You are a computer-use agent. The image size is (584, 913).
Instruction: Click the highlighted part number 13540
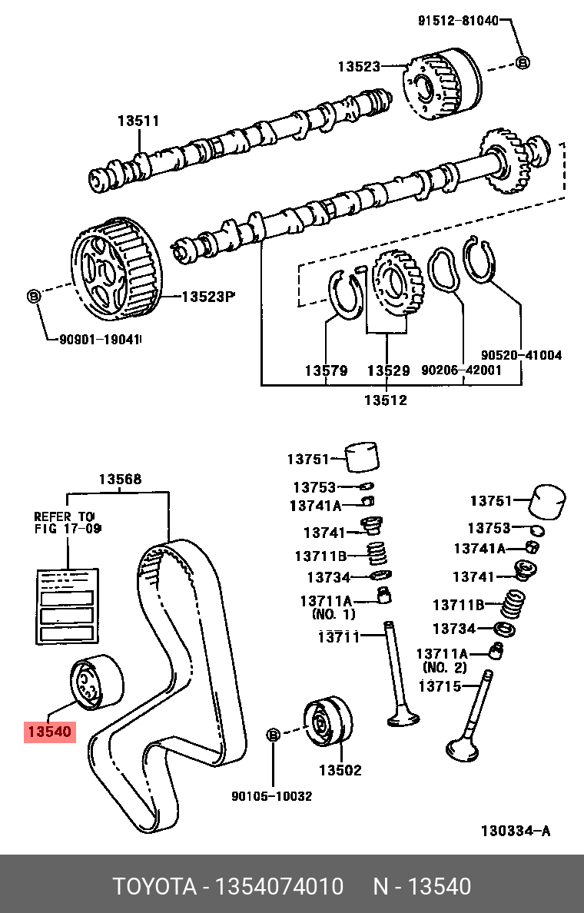pos(50,732)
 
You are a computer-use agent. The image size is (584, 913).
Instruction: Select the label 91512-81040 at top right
pos(457,21)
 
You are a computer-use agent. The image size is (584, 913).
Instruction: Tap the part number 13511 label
pos(138,121)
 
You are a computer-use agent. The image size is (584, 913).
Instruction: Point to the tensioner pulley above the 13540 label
pos(96,680)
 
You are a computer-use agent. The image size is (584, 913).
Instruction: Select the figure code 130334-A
pos(515,831)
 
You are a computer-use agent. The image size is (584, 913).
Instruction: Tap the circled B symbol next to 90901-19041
pos(33,295)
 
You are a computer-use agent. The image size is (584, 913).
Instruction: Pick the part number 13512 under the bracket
pos(385,400)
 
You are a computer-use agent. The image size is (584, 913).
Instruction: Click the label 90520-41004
pos(522,355)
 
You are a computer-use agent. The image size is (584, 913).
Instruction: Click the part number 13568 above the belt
pos(119,480)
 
